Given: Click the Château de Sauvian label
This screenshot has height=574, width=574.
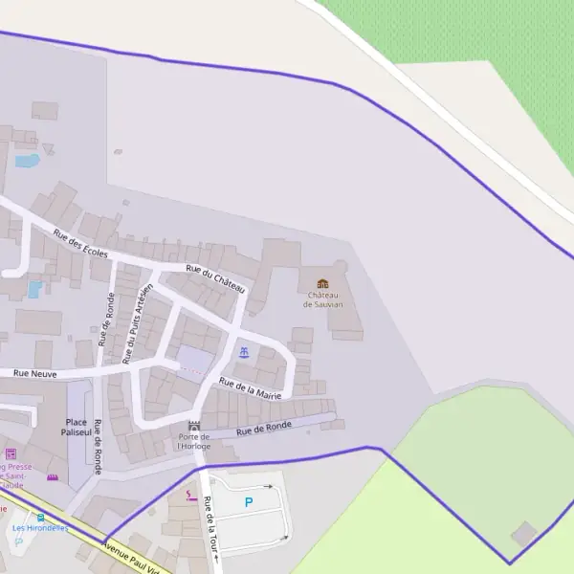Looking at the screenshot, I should click(322, 299).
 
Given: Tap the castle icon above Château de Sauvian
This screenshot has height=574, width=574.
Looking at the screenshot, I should click(322, 283).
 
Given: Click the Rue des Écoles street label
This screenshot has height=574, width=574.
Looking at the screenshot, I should click(80, 244).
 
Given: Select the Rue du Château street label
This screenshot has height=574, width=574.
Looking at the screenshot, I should click(216, 279).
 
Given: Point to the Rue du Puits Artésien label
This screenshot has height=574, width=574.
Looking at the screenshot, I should click(139, 317).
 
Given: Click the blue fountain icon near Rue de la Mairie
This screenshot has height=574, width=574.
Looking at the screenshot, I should click(244, 353).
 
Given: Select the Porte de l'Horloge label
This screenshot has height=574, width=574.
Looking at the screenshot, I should click(193, 441).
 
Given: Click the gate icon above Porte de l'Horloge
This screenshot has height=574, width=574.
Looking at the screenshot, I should click(194, 425).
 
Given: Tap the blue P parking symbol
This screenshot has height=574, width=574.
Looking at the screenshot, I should click(249, 502).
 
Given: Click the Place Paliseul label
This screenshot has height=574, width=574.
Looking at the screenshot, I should click(77, 426).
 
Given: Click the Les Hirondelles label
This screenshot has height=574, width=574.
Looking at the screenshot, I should click(39, 528).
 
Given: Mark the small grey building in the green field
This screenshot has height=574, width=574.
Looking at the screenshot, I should click(523, 533).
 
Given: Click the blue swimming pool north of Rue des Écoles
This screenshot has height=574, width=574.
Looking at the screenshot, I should click(27, 161).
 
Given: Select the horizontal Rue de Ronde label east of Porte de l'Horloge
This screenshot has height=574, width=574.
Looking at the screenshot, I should click(264, 429).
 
